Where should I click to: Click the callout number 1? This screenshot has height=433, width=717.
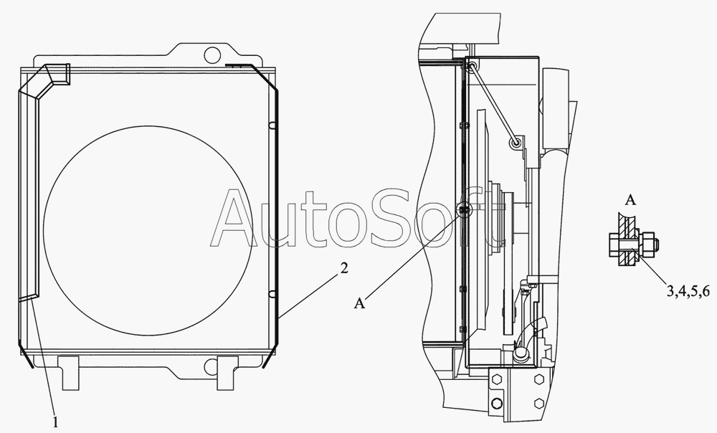point(55,422)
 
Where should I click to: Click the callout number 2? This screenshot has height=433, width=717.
point(344,268)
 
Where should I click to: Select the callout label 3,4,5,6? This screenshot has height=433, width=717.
point(688,291)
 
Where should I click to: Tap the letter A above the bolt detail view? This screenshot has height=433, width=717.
point(630,200)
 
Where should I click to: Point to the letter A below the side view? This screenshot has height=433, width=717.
point(360,303)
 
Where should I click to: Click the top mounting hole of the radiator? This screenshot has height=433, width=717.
point(212,54)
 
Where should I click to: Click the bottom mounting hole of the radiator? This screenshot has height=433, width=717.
point(212,366)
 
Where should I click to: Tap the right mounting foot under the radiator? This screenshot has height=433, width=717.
point(227,373)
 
